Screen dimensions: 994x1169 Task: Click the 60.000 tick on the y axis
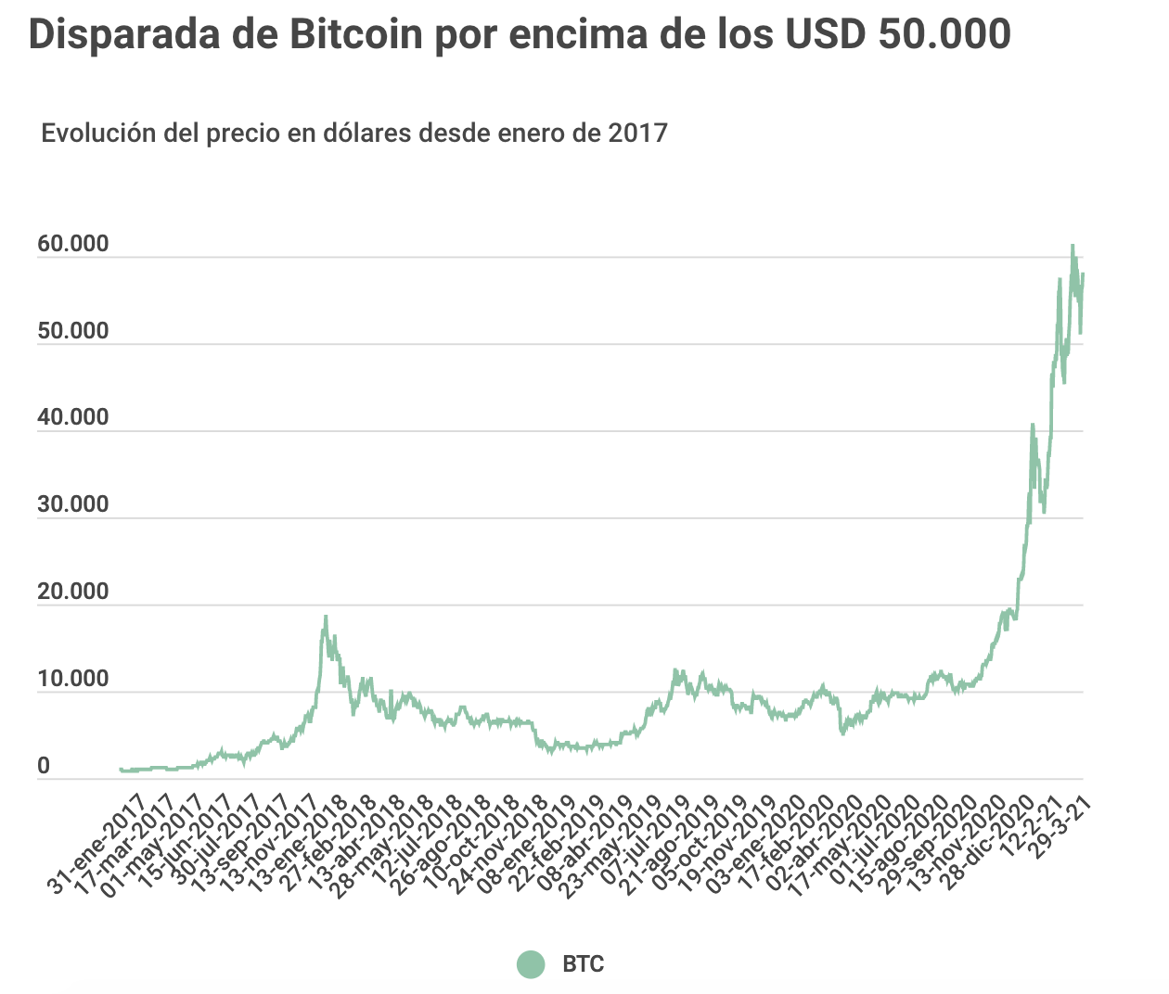[72, 244]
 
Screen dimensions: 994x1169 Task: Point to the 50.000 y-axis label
[72, 331]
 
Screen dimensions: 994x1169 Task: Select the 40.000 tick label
[72, 417]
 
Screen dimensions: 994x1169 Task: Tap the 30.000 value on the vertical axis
[72, 504]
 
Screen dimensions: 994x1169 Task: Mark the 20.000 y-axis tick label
[72, 592]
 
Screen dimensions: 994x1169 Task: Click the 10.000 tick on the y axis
[72, 679]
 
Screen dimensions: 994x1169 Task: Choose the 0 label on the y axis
[44, 766]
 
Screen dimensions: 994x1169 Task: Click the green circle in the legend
[531, 964]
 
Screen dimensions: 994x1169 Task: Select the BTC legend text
[583, 964]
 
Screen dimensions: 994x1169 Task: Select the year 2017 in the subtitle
[637, 133]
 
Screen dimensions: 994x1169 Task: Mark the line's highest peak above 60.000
[1073, 246]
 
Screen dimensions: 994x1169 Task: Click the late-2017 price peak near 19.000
[326, 617]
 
